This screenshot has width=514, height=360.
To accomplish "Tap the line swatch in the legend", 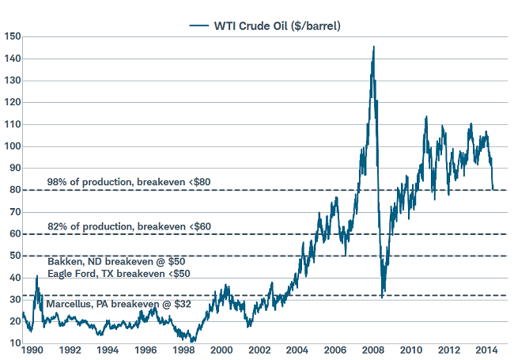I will point(198,25).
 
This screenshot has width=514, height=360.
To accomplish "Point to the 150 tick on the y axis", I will point(12,36).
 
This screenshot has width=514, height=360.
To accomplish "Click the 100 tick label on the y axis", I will point(12,146).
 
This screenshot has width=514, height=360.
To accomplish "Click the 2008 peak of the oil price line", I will point(373,47).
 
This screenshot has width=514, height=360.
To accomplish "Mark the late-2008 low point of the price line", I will point(382,297).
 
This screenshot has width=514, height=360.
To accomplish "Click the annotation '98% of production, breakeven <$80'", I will point(127,183).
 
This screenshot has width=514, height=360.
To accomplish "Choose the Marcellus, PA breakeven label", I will point(119,304).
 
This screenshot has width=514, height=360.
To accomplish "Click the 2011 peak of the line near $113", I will point(426,117).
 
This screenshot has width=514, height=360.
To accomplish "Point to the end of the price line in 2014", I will point(494,190).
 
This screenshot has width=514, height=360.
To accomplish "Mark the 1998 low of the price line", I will point(193,341).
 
